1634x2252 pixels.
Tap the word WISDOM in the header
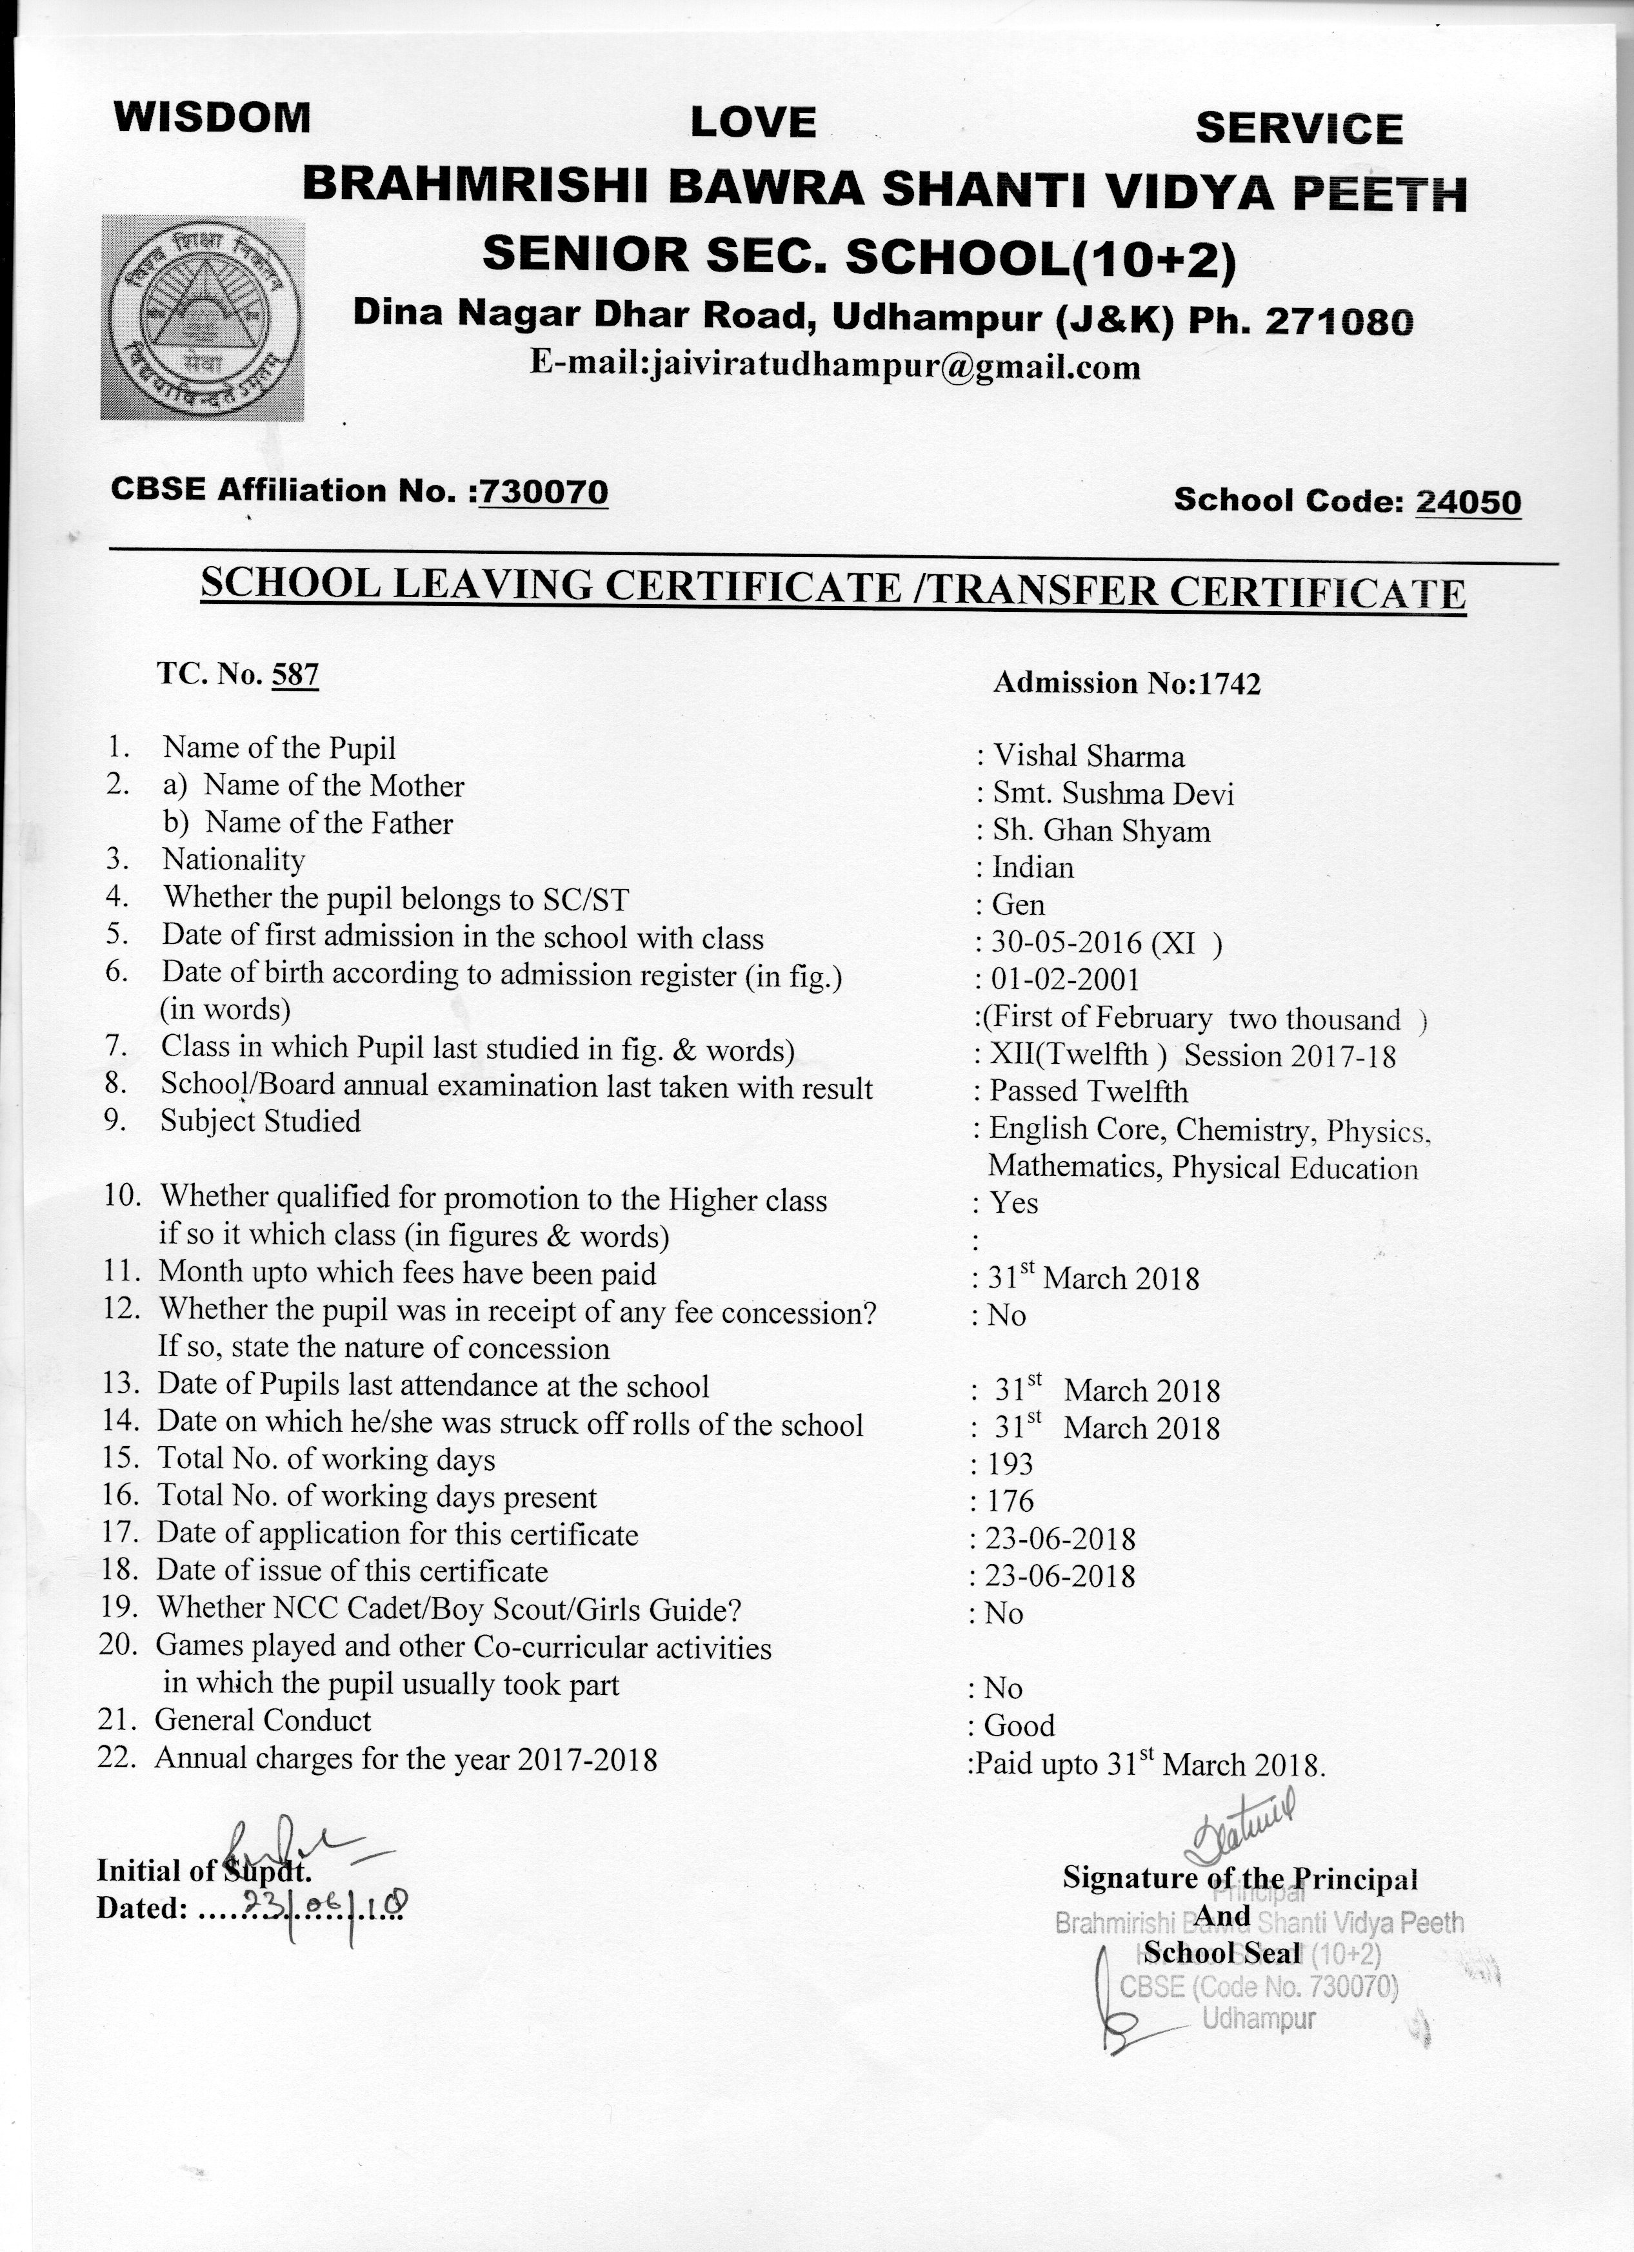212,117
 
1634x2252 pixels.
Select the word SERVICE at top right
1299,129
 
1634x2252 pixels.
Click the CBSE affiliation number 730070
543,491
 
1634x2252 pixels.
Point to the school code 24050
1467,502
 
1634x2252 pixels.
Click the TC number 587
295,675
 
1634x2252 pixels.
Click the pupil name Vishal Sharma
1089,757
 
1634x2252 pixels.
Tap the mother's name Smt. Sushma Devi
1113,794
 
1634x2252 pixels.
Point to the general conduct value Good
1019,1726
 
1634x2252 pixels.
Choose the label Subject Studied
260,1121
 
